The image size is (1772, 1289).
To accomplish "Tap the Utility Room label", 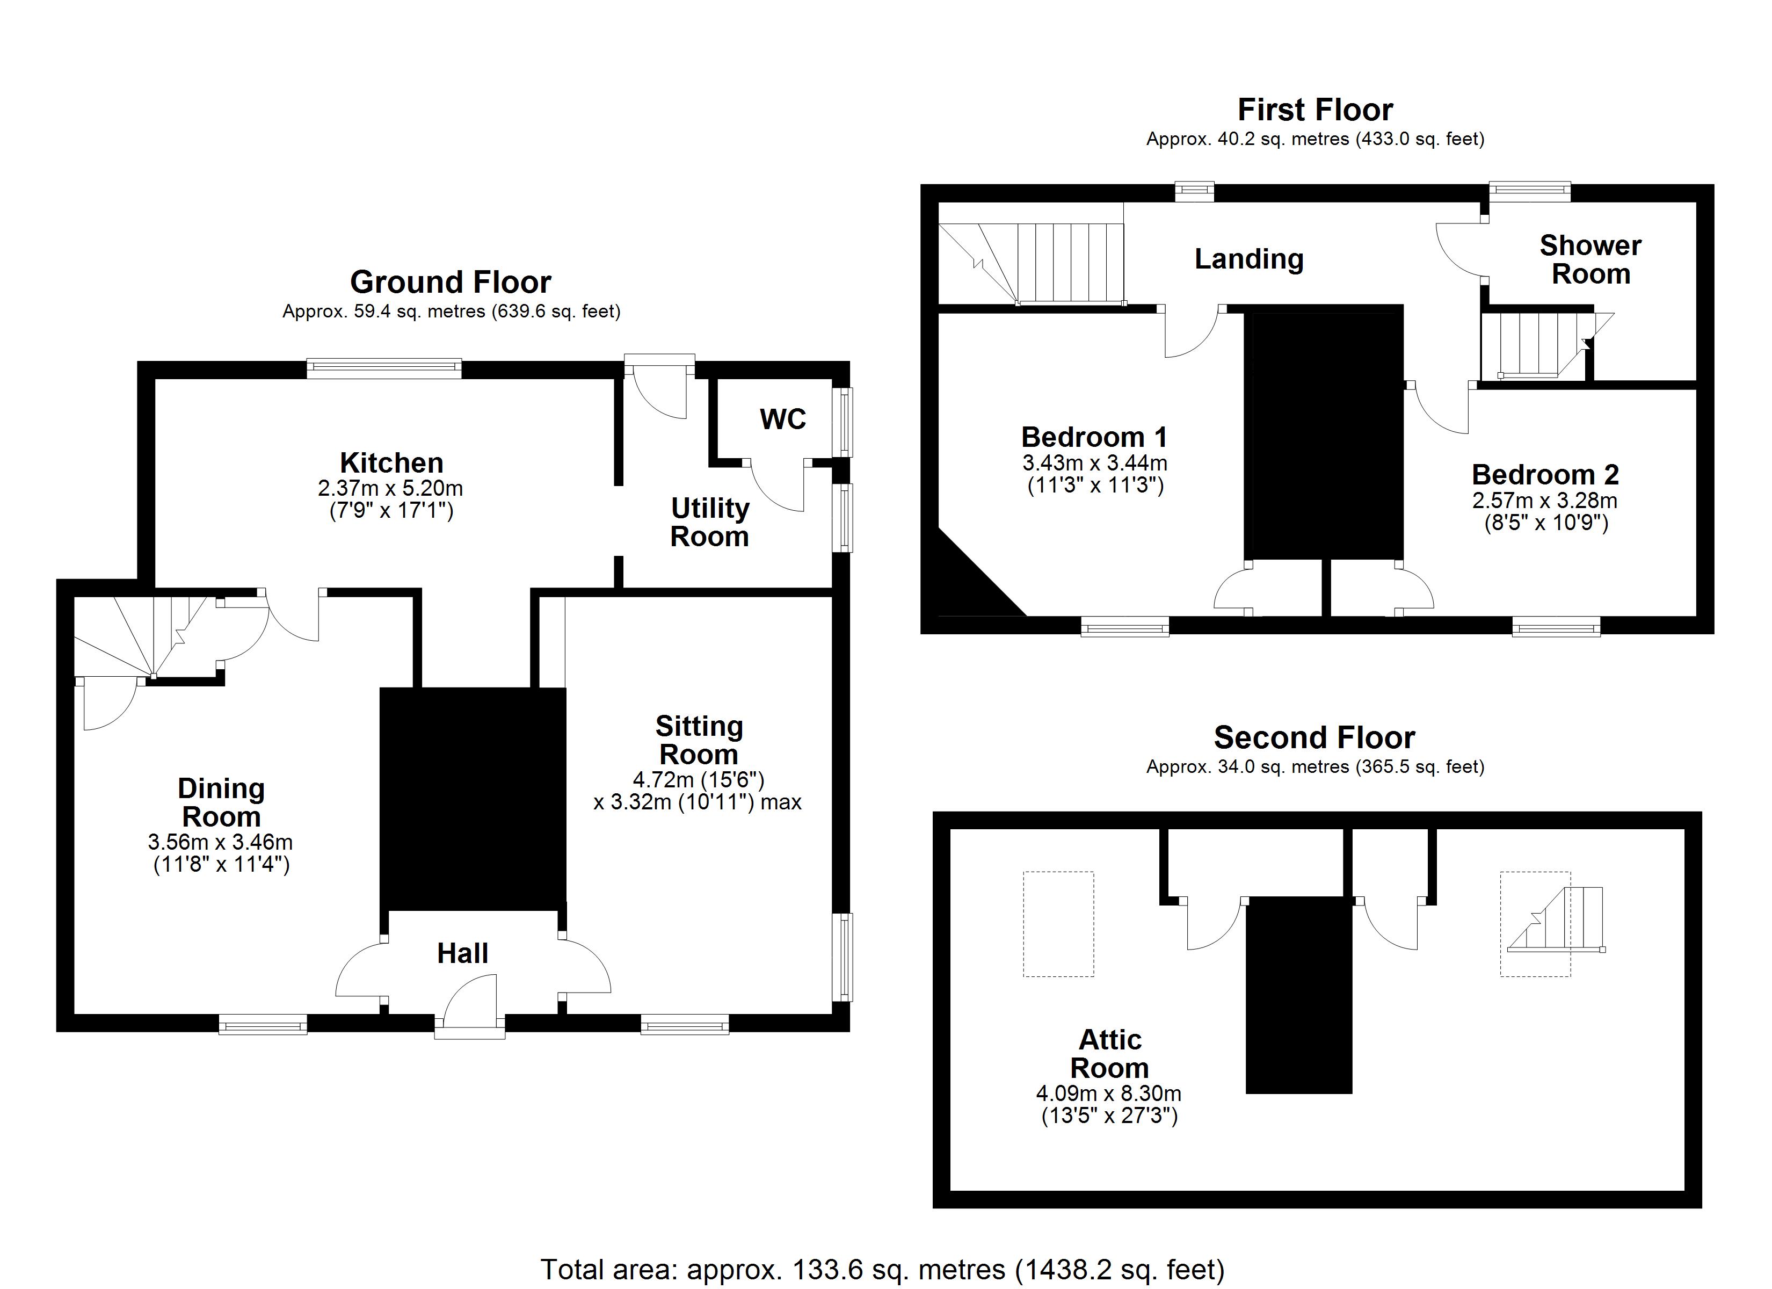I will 709,522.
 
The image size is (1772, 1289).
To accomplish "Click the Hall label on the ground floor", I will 462,954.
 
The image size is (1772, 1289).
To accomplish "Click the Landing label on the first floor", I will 1248,259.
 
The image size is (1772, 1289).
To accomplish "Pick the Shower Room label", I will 1590,259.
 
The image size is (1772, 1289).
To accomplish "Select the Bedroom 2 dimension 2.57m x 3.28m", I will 1545,500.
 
